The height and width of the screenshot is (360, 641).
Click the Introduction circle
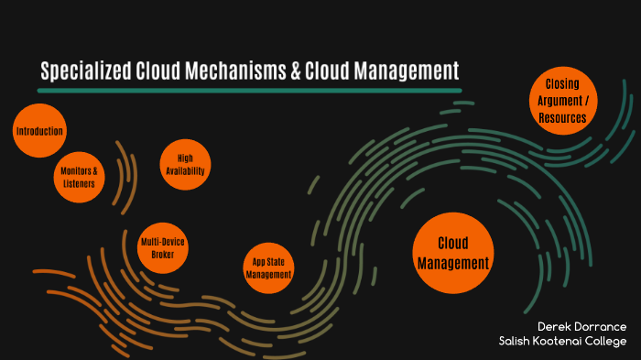tap(39, 132)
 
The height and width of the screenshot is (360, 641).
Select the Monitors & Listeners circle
tap(78, 176)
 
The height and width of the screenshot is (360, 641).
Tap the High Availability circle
tap(185, 165)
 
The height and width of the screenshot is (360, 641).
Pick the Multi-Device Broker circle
tap(164, 248)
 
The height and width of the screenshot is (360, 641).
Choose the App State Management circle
tap(268, 267)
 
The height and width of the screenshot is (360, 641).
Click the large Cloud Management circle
tap(453, 253)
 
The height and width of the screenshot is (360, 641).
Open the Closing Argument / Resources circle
tap(562, 101)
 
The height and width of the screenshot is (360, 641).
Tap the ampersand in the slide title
tap(297, 71)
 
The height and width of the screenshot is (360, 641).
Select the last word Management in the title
tap(404, 71)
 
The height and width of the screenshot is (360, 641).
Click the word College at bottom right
tap(611, 342)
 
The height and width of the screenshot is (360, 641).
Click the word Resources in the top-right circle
tap(562, 118)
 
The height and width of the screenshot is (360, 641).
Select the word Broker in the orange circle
tap(163, 255)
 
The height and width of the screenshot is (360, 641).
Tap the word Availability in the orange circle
tap(185, 171)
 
